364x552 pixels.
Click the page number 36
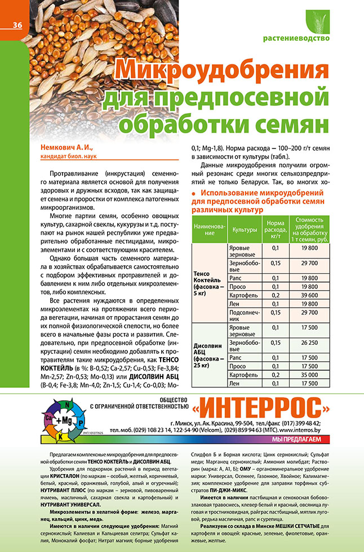pos(17,25)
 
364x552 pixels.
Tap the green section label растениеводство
pos(296,39)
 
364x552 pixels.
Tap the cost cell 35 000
pos(310,373)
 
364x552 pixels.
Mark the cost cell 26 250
pos(310,341)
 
